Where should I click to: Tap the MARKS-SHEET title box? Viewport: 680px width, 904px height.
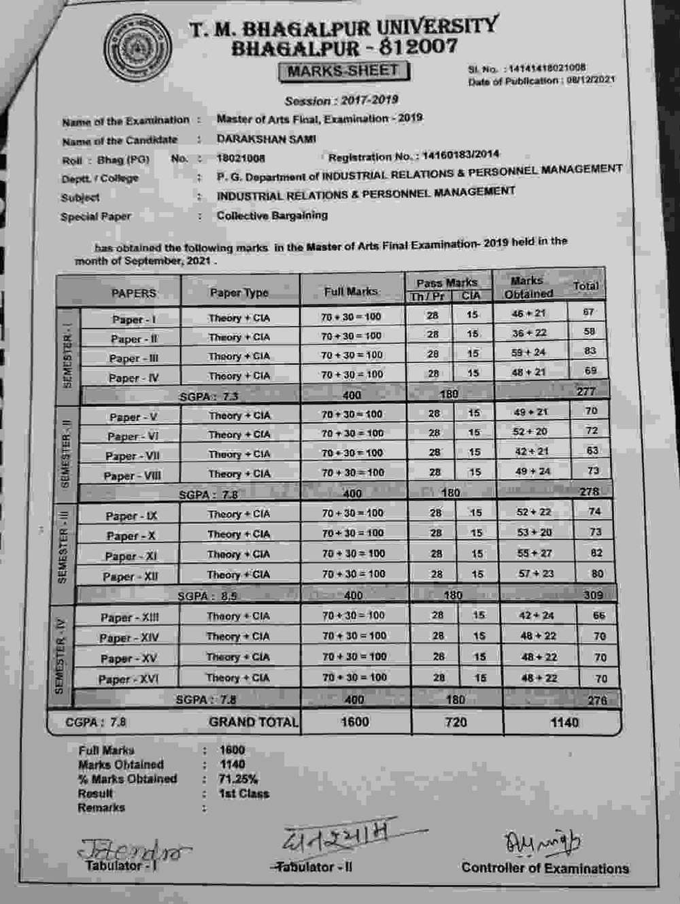coord(343,71)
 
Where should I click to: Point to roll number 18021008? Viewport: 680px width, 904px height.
coord(241,158)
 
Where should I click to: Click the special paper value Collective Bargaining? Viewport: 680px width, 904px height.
coord(272,216)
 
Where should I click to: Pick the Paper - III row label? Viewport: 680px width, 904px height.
coord(133,358)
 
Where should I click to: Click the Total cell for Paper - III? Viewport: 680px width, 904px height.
coord(590,351)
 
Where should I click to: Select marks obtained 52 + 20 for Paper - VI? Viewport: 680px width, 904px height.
coord(530,431)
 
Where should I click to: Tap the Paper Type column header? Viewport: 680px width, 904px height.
coord(239,292)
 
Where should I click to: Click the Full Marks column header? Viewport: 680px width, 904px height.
coord(351,291)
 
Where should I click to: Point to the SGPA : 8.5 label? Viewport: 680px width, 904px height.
coord(207,597)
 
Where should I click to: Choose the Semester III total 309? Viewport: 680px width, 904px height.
coord(593,595)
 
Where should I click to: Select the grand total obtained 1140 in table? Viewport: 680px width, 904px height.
coord(564,722)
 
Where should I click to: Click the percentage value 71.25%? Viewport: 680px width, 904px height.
coord(238,779)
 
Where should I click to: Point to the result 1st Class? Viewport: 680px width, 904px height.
coord(243,794)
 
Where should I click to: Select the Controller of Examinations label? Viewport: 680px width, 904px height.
coord(545,869)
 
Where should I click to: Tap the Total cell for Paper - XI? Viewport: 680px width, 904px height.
coord(596,553)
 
